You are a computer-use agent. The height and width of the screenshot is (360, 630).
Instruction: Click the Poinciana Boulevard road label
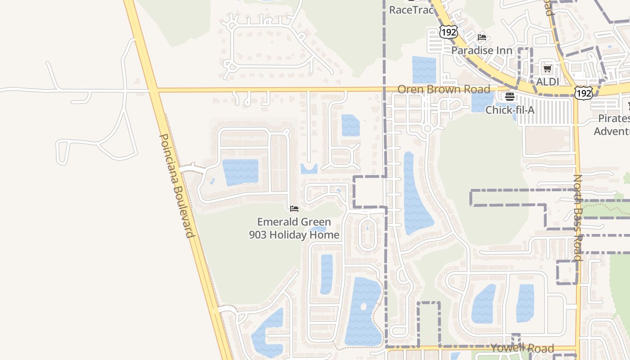tap(177, 185)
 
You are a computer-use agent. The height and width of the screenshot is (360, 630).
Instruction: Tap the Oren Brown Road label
tap(443, 89)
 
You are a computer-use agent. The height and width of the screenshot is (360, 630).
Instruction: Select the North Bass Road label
tap(578, 218)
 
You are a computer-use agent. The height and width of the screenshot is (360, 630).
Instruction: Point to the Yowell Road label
tap(522, 348)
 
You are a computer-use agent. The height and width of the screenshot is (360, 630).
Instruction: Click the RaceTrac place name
tap(410, 10)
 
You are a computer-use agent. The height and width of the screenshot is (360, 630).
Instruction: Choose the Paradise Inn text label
tap(481, 50)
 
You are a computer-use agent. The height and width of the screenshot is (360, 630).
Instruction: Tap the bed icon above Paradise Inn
tap(482, 37)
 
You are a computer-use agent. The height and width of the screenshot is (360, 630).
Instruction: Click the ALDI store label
tap(547, 82)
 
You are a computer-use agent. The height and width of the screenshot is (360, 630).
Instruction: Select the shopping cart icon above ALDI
tap(547, 69)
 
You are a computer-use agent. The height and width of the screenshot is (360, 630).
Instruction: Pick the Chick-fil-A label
tap(510, 109)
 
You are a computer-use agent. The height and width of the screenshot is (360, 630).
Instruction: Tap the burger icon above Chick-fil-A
tap(510, 96)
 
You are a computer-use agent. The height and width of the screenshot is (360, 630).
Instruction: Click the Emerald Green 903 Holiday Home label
tap(294, 228)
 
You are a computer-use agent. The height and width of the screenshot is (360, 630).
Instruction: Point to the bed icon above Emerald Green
tap(294, 208)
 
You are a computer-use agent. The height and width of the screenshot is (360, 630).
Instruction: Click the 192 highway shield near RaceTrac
tap(449, 31)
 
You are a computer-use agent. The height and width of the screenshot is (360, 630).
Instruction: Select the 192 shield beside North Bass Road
tap(583, 93)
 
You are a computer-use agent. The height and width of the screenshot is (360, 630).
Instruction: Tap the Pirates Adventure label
tap(613, 125)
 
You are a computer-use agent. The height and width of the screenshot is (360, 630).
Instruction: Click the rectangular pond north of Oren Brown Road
tap(424, 70)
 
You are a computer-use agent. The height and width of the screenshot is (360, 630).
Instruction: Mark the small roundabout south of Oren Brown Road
tap(427, 129)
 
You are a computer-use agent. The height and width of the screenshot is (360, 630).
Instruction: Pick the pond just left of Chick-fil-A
tap(482, 102)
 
